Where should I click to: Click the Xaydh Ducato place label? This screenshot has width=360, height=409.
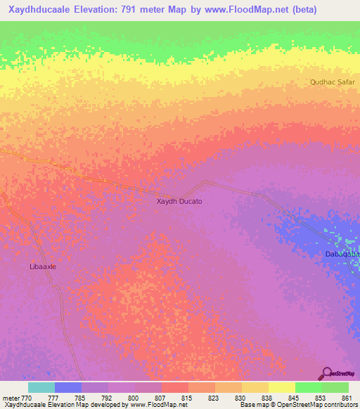point(179,202)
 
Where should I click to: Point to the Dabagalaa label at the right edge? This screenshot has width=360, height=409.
point(342,254)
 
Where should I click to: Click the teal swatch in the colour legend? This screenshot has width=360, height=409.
point(41,387)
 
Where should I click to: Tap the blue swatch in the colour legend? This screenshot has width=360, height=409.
point(68,387)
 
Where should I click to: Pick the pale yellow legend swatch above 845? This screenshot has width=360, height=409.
point(281,387)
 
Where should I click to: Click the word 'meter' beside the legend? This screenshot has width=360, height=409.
point(10,398)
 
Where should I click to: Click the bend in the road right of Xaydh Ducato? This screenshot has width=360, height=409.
point(205,181)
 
